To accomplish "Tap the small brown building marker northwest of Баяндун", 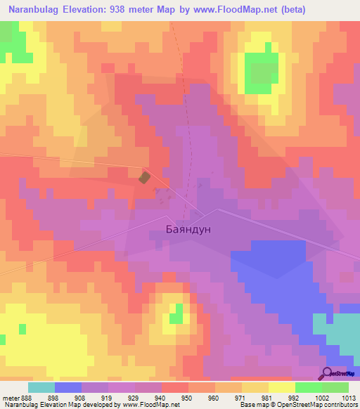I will point(144,178).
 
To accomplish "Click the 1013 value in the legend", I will point(347,397).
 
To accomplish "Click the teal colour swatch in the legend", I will point(41,387).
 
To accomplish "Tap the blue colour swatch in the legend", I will point(67,387).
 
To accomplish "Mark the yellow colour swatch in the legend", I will point(281,387).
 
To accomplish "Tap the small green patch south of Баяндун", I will point(176,313).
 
